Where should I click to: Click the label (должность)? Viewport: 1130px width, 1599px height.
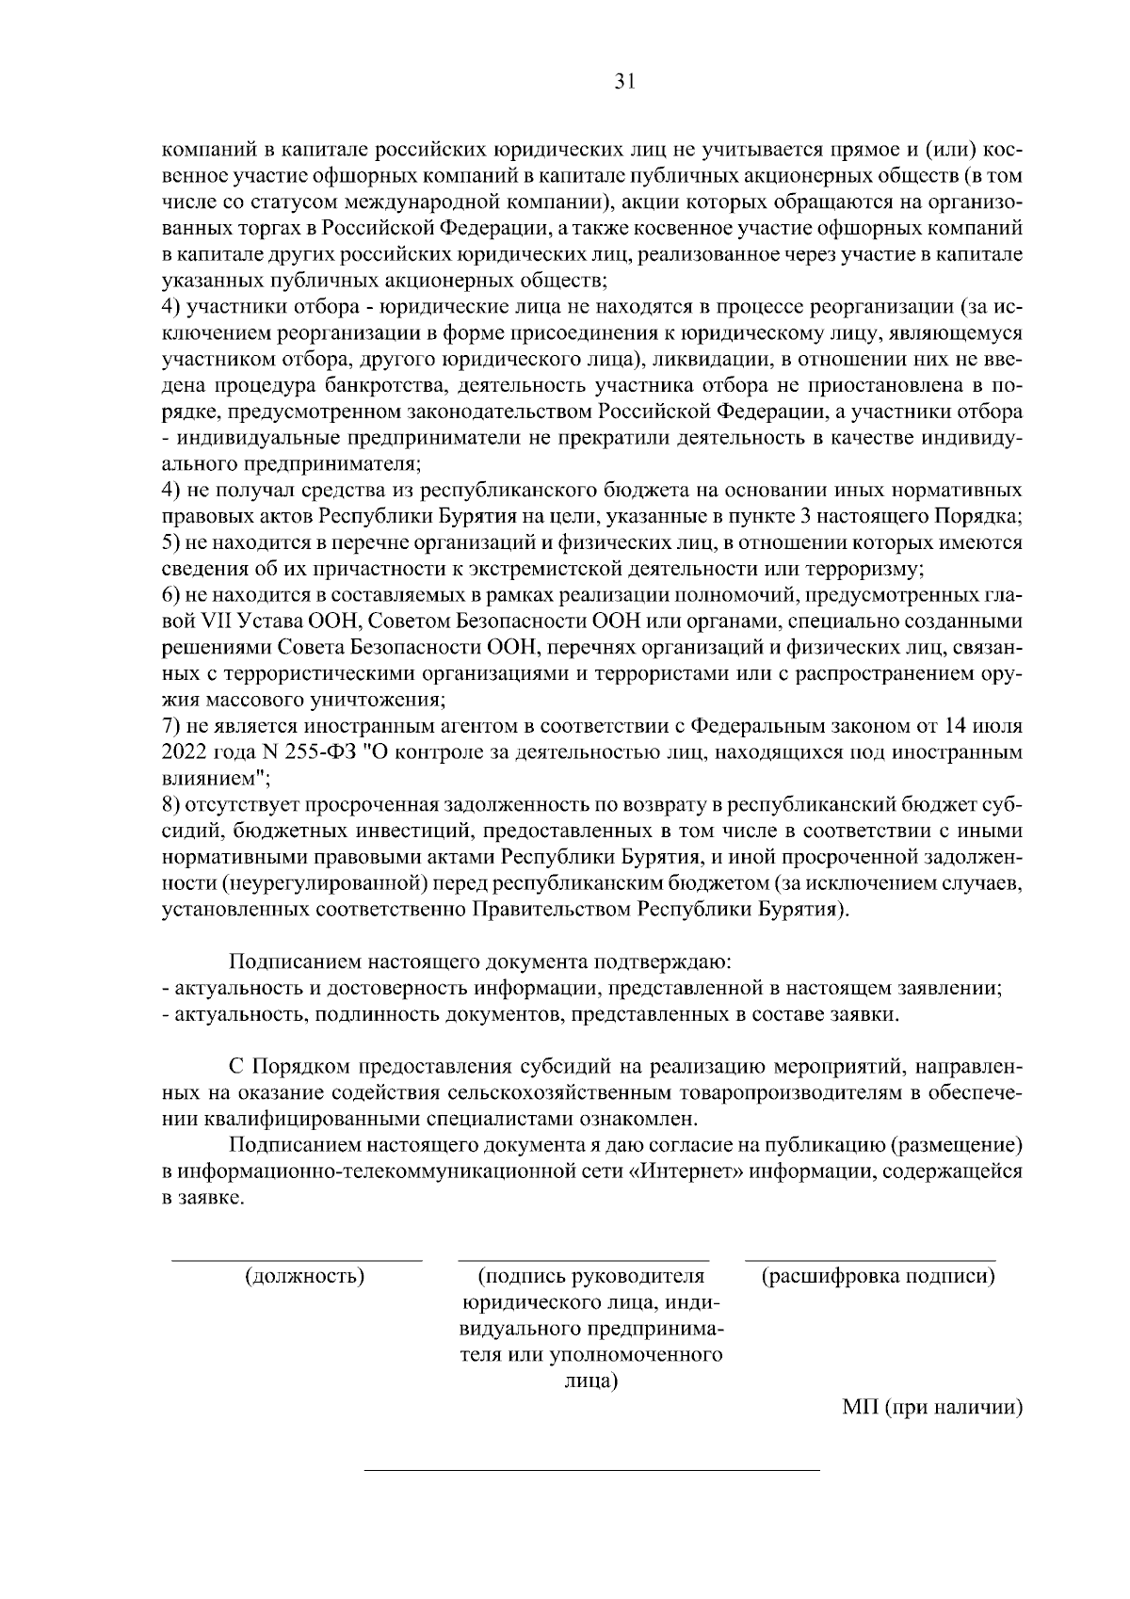[304, 1277]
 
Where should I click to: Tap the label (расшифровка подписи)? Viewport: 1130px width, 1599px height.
[878, 1277]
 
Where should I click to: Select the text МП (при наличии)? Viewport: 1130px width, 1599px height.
[931, 1407]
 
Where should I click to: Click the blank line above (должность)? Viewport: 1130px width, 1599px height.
[296, 1259]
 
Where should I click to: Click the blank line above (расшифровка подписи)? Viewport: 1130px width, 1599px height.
[870, 1259]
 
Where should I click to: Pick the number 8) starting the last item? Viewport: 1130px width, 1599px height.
[171, 806]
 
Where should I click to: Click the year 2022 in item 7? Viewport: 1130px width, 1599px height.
[184, 753]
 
